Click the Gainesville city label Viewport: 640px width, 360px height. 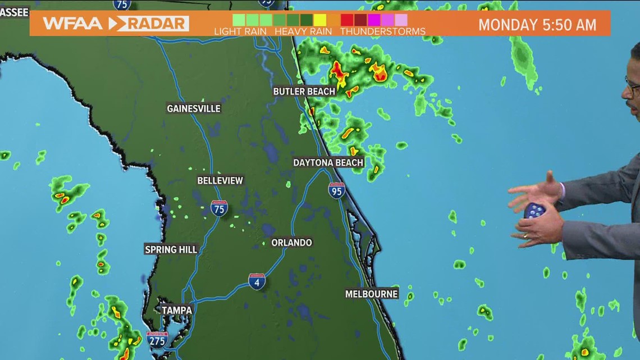point(194,108)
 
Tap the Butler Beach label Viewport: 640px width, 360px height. point(304,91)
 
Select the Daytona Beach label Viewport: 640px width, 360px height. point(328,162)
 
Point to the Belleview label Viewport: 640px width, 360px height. point(220,180)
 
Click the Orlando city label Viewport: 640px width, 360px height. point(291,243)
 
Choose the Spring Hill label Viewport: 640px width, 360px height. point(171,249)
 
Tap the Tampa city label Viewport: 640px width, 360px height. point(177,310)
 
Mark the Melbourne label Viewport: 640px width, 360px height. point(371,294)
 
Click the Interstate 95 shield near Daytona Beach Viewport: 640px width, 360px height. point(336,190)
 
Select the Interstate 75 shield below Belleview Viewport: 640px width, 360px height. point(219,208)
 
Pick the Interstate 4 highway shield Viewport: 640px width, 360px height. point(257,281)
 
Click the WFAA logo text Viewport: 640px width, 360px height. point(72,24)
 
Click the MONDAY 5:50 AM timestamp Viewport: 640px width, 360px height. point(537,25)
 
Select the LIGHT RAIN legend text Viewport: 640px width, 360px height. point(240,31)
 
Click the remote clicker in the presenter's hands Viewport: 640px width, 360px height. point(534,211)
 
